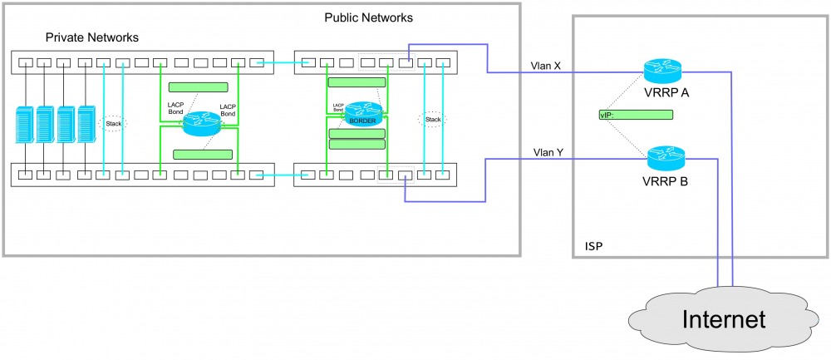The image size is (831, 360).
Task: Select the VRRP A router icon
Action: pos(664,70)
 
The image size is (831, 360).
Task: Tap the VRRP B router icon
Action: pos(664,155)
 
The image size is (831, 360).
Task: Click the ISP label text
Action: pos(593,246)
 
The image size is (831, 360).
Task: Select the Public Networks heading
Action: pos(368,17)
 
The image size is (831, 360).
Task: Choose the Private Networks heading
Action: pos(91,37)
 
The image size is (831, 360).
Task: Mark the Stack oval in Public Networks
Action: pos(432,120)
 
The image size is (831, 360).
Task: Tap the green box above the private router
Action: pos(198,87)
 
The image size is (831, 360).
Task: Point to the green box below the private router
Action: pos(202,154)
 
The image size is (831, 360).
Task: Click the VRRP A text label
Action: pos(666,93)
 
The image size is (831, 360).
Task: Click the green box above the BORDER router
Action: pos(356,82)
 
